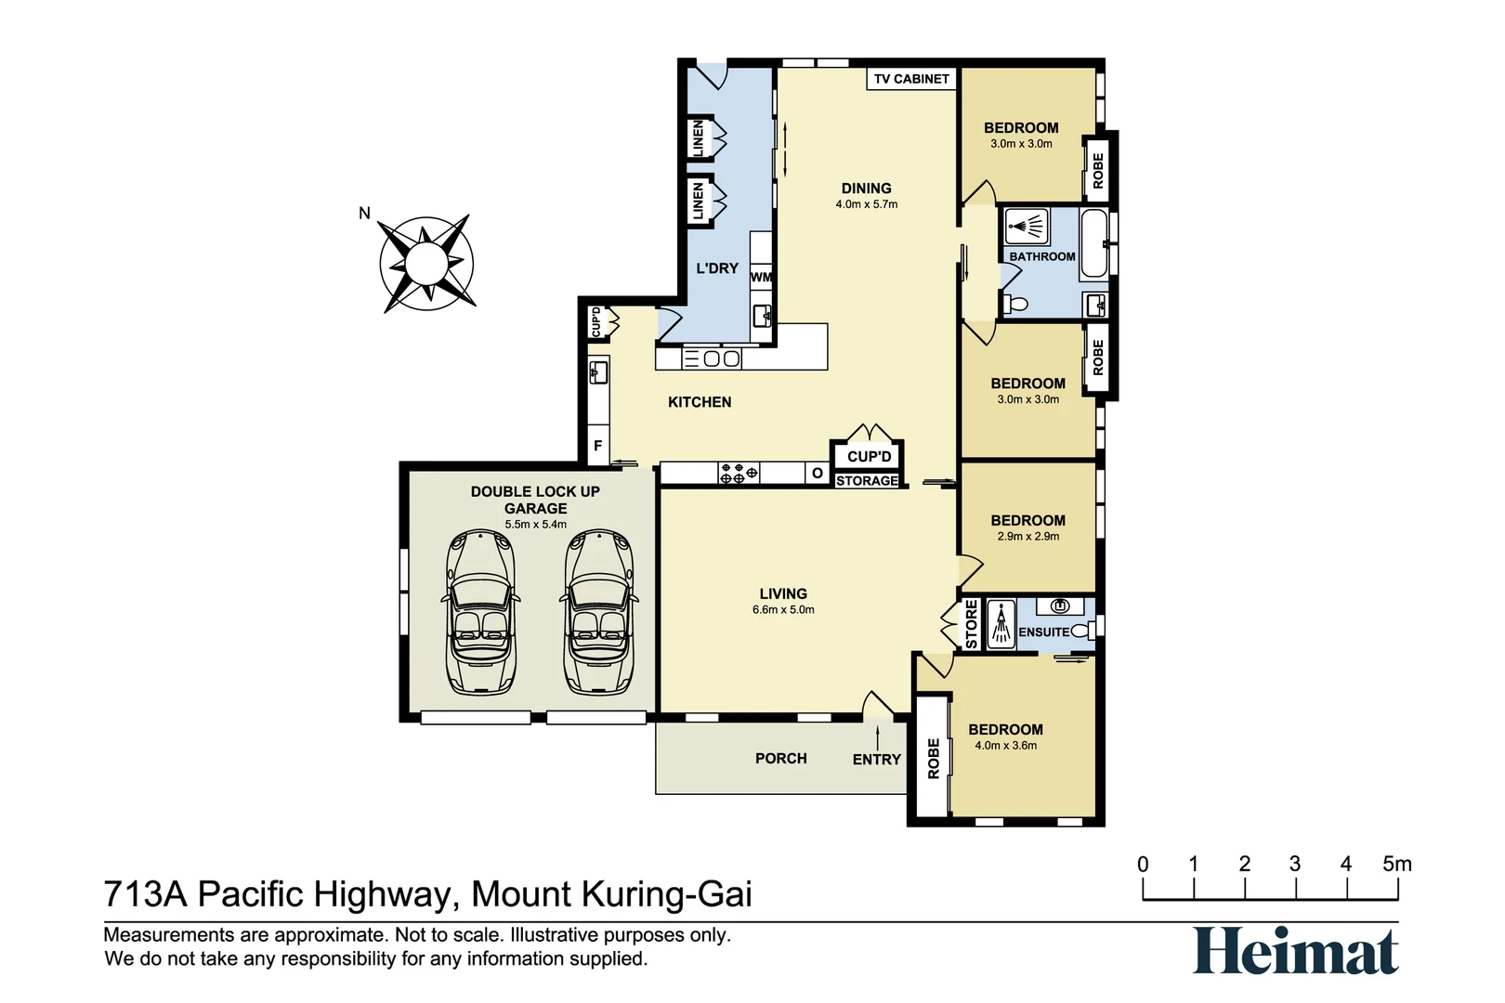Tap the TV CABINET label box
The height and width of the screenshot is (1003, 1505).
(911, 79)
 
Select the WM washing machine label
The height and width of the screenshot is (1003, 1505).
(761, 277)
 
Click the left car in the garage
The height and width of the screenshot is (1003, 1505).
(479, 612)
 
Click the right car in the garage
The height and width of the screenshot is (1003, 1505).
(598, 612)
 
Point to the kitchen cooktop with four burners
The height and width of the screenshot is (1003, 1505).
(739, 474)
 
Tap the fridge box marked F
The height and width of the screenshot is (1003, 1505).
(597, 446)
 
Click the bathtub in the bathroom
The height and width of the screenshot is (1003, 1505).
(1094, 243)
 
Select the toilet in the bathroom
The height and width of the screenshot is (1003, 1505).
(1016, 304)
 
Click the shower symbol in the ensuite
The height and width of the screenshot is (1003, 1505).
(1001, 624)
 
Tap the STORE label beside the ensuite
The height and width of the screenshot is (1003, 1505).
(972, 624)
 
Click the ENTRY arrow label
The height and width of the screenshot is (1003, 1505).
(876, 759)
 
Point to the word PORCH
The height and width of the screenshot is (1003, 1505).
(780, 759)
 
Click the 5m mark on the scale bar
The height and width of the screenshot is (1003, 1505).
(1396, 865)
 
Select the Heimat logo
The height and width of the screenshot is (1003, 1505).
(1295, 951)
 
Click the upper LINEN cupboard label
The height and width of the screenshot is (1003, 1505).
(698, 138)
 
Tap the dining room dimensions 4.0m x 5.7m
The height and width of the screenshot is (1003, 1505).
(866, 204)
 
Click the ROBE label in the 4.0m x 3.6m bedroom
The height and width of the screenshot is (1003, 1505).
(934, 759)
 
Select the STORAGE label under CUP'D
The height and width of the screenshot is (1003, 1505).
(867, 481)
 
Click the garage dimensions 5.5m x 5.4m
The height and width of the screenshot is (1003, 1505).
(535, 525)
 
